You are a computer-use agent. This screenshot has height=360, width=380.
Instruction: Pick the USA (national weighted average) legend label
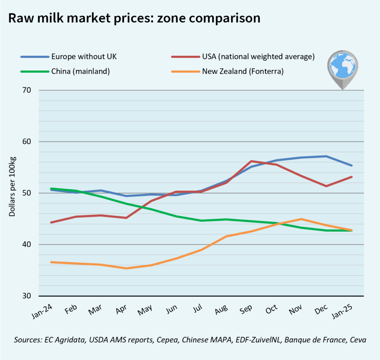click(x=258, y=57)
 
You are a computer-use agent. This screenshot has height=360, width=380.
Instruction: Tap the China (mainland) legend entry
click(x=80, y=71)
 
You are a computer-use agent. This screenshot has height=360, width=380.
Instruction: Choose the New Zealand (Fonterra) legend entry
click(x=243, y=71)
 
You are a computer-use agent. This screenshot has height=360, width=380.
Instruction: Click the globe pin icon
click(x=342, y=69)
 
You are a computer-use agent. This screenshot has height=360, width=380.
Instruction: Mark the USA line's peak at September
click(x=251, y=161)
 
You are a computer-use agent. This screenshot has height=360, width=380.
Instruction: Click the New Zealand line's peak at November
click(x=301, y=219)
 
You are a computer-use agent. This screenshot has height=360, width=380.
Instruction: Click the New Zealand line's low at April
click(x=126, y=268)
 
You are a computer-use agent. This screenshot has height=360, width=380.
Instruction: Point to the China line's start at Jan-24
click(x=51, y=189)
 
